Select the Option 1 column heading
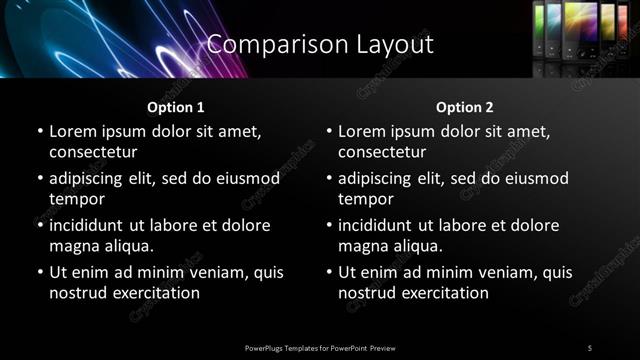click(x=176, y=107)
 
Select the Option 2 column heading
click(x=465, y=107)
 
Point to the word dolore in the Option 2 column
click(x=534, y=226)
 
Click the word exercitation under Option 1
click(x=157, y=293)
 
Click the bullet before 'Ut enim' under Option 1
click(x=40, y=273)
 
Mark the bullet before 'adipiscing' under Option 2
click(x=329, y=179)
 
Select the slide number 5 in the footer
click(x=590, y=347)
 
